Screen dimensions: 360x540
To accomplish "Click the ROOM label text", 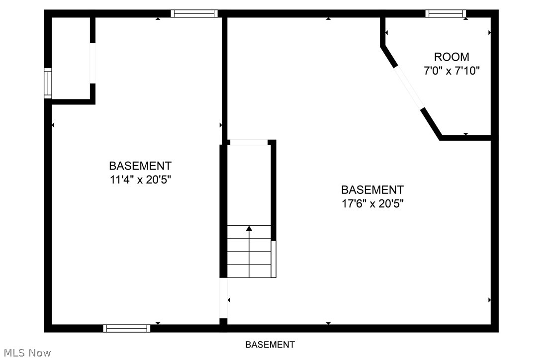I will (x=451, y=57).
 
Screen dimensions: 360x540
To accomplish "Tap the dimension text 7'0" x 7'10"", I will (x=451, y=71).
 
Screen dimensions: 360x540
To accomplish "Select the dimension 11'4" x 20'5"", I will (x=140, y=180).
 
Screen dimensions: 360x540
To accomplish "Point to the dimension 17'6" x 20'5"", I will (x=372, y=203).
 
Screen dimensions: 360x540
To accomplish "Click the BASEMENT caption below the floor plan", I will (x=270, y=345).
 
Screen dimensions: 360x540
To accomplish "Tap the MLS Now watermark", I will (x=26, y=353).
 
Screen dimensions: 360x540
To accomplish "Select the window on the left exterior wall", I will (x=48, y=83).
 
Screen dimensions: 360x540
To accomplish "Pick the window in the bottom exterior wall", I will (x=127, y=328).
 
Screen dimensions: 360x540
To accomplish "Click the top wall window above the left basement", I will (x=194, y=14).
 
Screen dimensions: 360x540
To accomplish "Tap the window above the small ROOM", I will (x=446, y=14).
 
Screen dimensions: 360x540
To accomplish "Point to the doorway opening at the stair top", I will (x=249, y=143).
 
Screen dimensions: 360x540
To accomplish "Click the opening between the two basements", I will (x=224, y=298).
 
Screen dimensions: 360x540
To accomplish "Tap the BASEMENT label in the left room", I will (x=140, y=166).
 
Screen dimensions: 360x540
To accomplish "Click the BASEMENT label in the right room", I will (x=372, y=189).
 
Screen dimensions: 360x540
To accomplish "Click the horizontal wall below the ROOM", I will (x=466, y=137).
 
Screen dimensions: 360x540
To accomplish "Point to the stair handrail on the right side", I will (x=273, y=259).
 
